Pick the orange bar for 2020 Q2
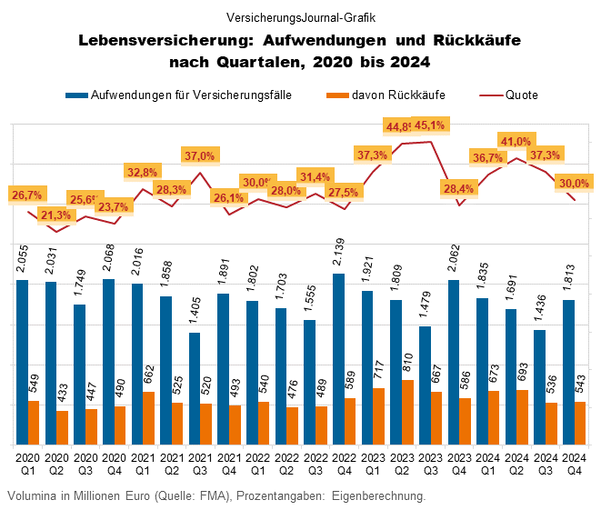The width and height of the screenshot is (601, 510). (x=62, y=427)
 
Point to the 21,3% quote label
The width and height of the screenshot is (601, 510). (x=56, y=215)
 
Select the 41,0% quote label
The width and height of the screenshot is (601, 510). (x=516, y=141)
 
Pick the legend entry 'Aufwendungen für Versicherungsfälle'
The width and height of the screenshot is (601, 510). (x=191, y=94)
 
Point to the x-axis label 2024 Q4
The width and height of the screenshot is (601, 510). (x=574, y=464)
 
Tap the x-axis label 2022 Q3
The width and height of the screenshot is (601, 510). (x=313, y=464)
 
